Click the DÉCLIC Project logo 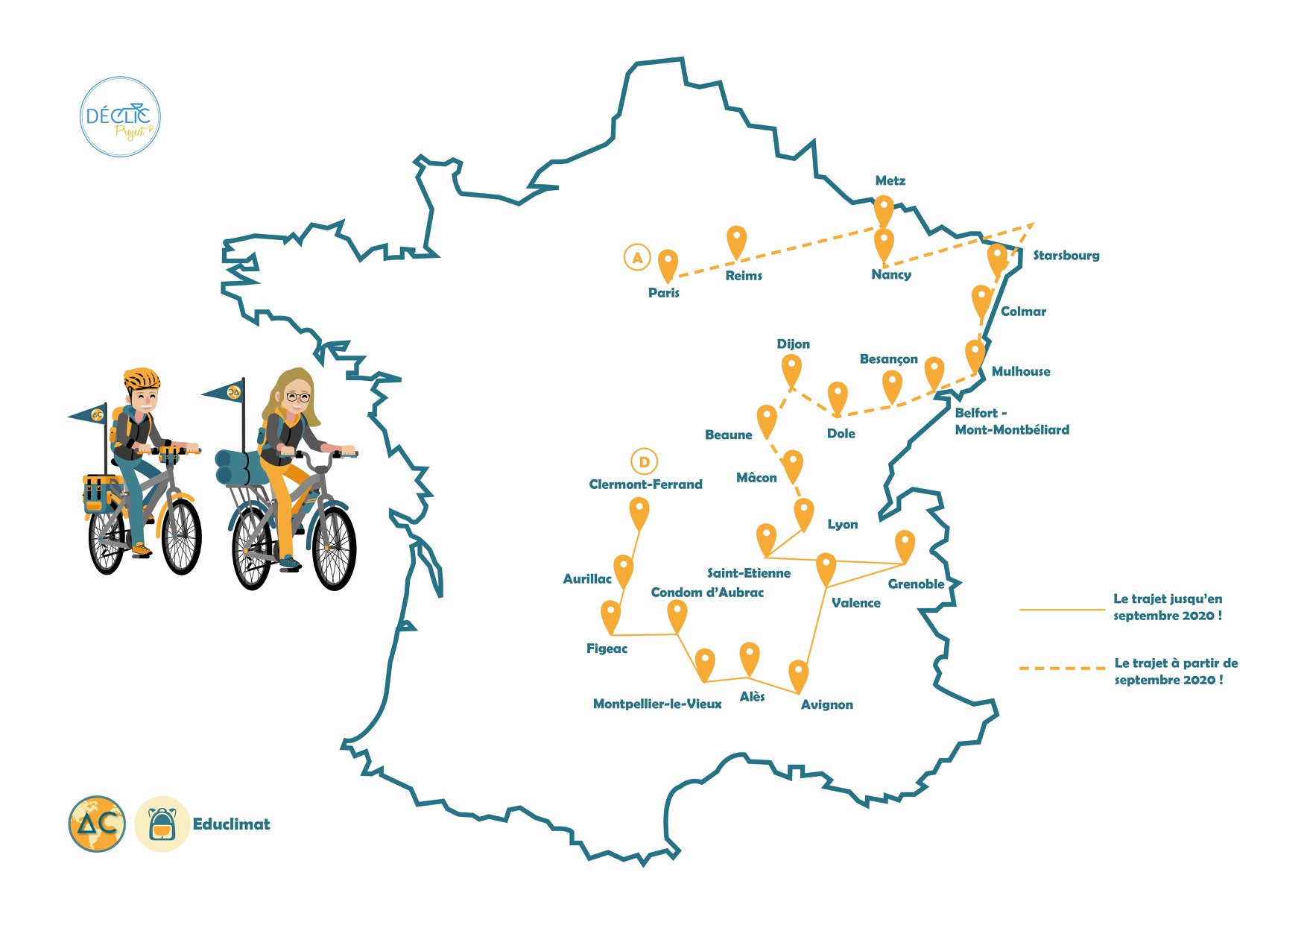point(119,117)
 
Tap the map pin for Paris point(668,263)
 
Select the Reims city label point(744,276)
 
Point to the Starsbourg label point(1066,256)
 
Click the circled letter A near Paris point(637,258)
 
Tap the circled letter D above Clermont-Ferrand point(644,462)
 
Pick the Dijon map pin point(791,368)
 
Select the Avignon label point(826,704)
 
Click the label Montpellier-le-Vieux point(656,704)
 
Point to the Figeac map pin point(610,615)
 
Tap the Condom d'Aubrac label point(707,593)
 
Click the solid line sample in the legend point(1062,610)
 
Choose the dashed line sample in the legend point(1062,669)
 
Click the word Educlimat point(231,824)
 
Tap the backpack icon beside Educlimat point(162,824)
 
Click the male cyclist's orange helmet point(142,378)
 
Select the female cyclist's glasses point(297,397)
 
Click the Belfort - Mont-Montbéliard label point(1011,421)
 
